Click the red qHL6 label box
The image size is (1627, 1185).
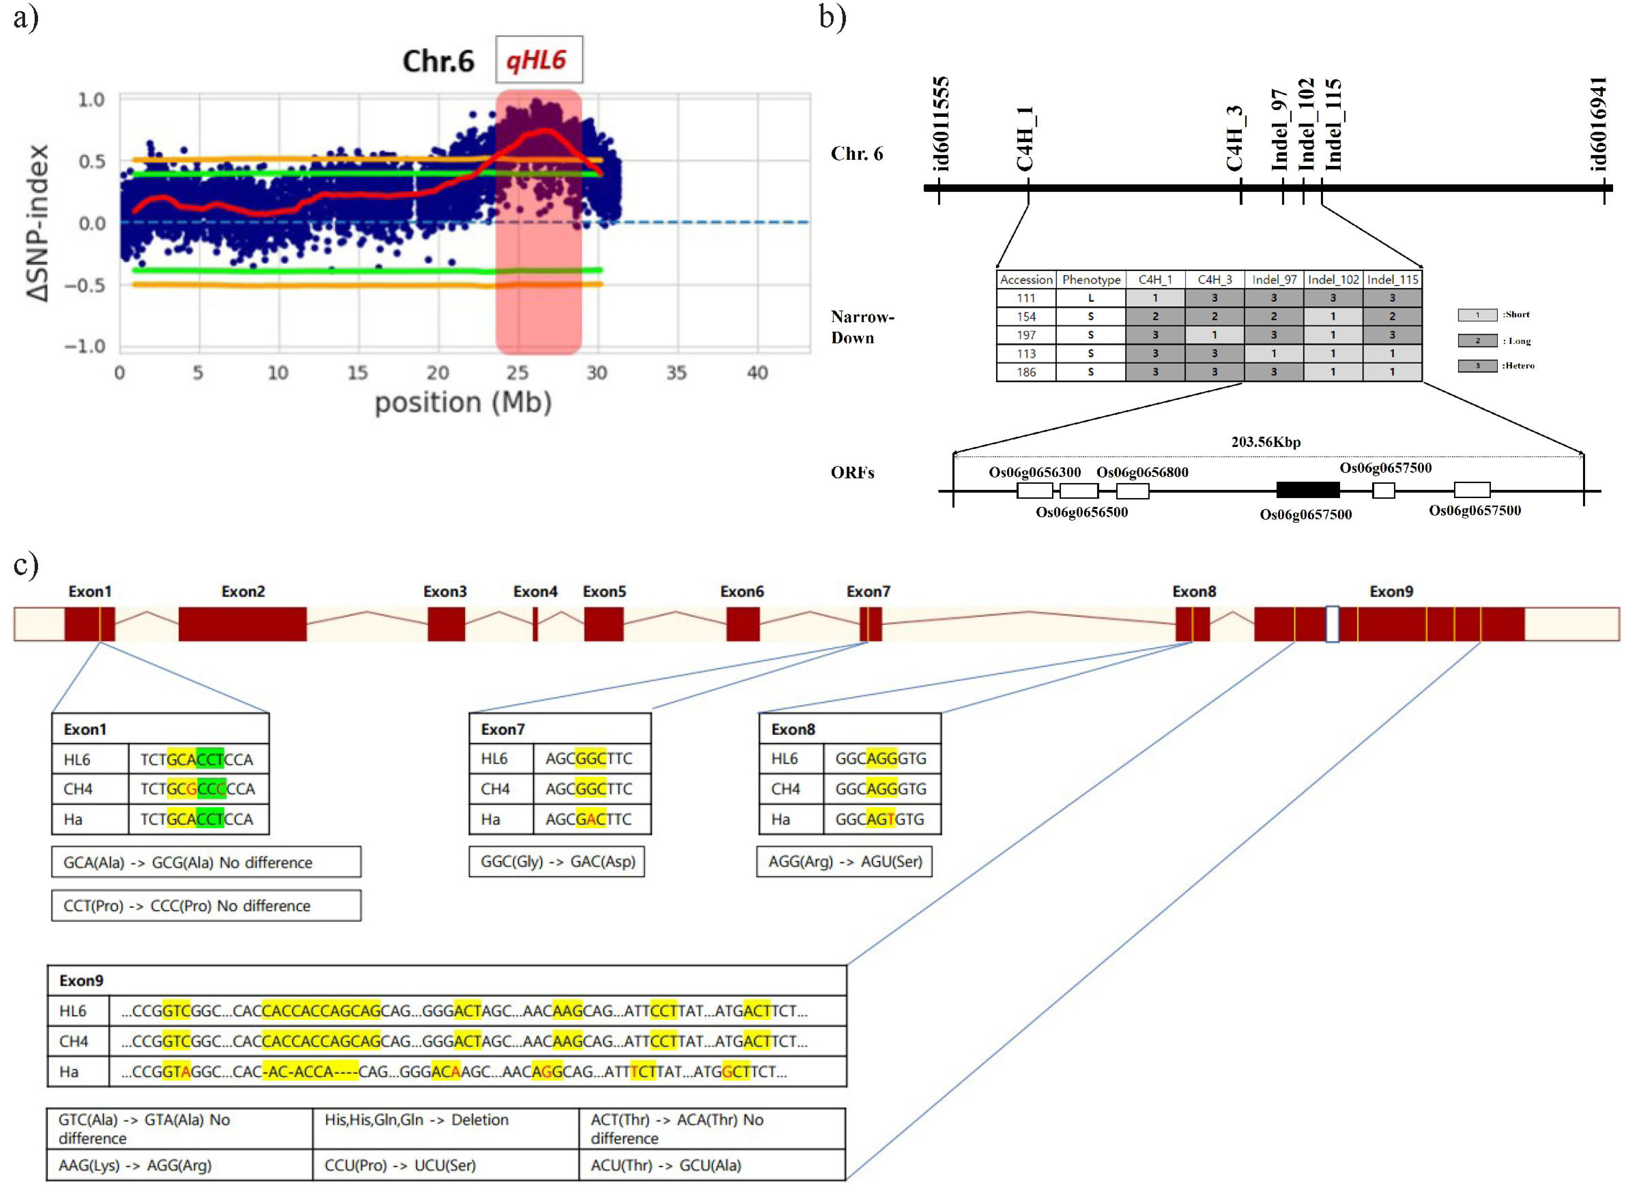[x=539, y=60]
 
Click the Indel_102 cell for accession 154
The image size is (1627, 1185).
[x=1333, y=316]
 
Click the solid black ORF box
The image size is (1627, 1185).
[x=1308, y=490]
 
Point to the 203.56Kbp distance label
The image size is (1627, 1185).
[x=1266, y=442]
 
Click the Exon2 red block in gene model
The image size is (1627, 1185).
[x=242, y=624]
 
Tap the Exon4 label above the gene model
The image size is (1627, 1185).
[x=535, y=592]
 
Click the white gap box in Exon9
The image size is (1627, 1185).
[x=1332, y=624]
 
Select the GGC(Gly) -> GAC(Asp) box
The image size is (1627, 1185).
[x=557, y=861]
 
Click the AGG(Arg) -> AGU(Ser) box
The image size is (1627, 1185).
[x=844, y=861]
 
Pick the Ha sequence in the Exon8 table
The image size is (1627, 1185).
[x=880, y=819]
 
